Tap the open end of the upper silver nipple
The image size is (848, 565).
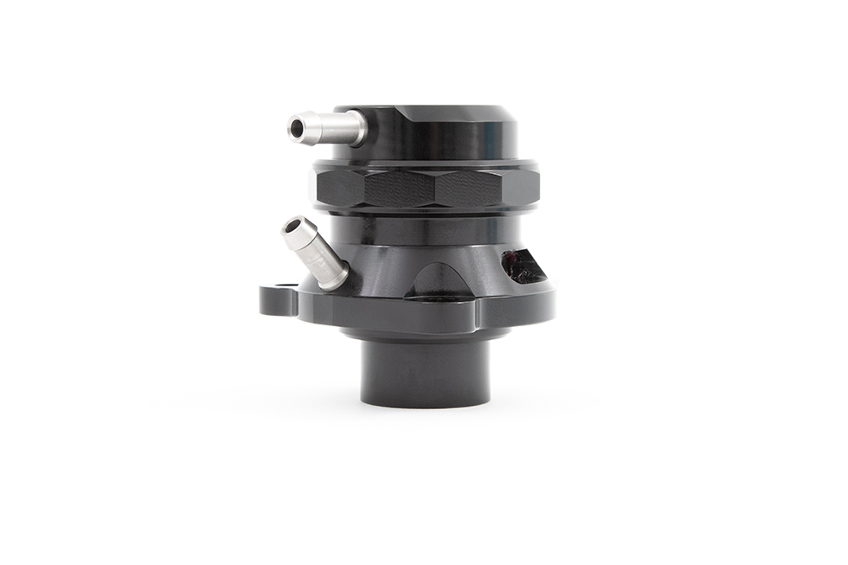[296, 129]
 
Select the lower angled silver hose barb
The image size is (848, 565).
[315, 253]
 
